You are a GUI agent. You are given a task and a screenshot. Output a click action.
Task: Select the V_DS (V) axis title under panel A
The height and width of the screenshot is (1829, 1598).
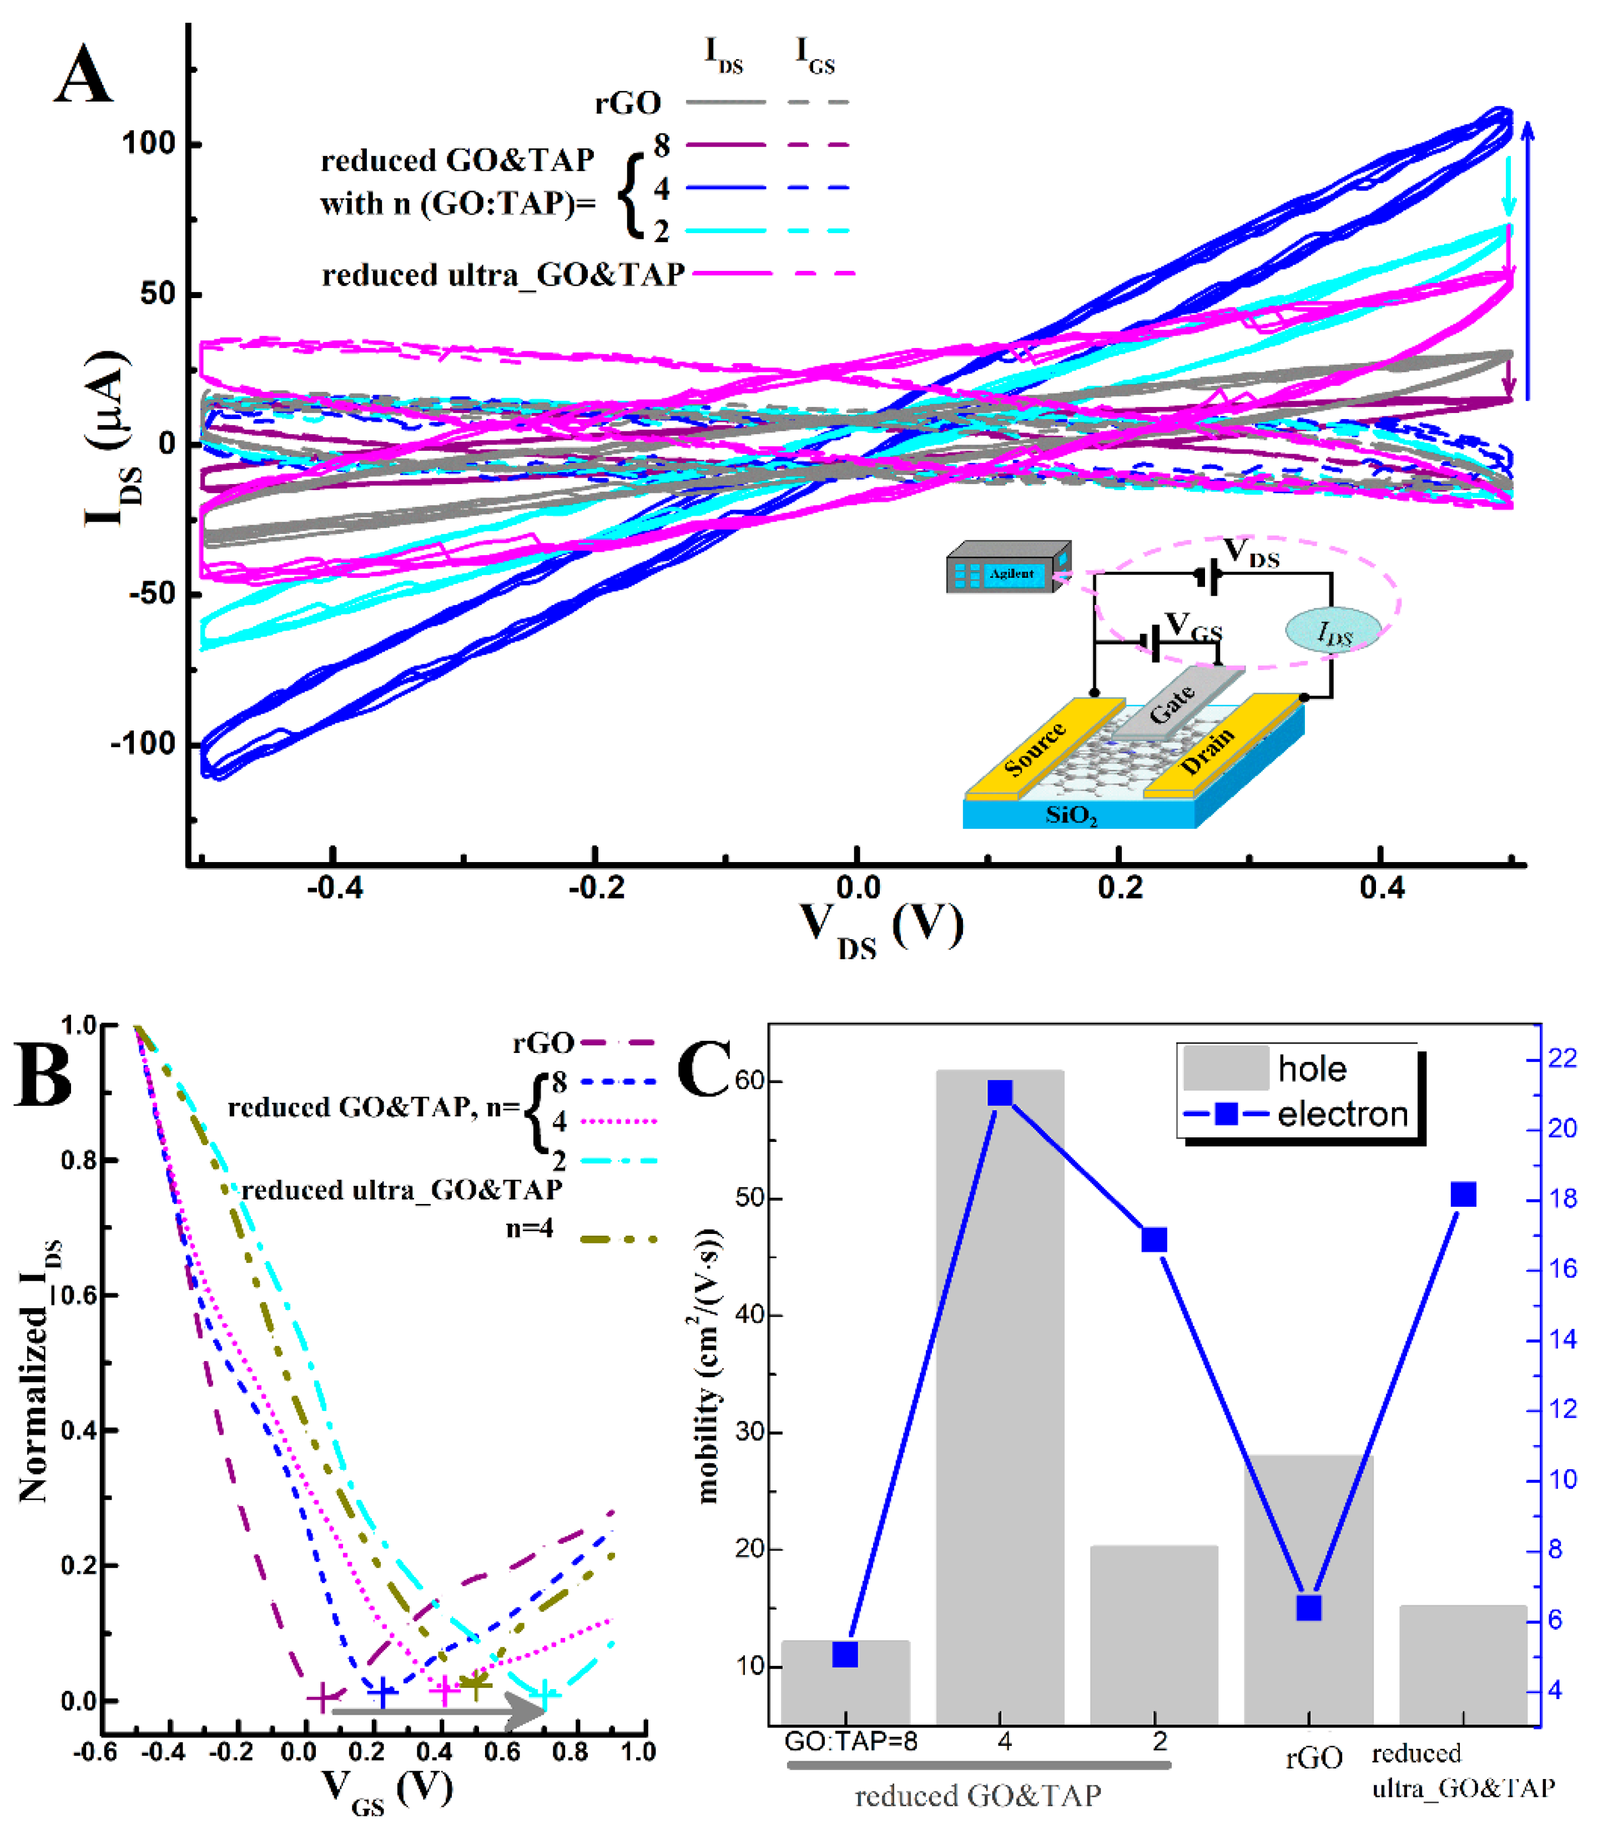tap(881, 928)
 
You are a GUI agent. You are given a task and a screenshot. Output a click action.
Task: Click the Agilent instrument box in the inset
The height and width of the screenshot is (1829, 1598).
tap(1007, 568)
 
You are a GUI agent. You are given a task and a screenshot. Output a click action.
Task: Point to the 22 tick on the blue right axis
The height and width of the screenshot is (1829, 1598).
tap(1562, 1059)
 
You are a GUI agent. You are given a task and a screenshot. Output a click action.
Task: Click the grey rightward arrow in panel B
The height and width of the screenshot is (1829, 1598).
tap(437, 1710)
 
